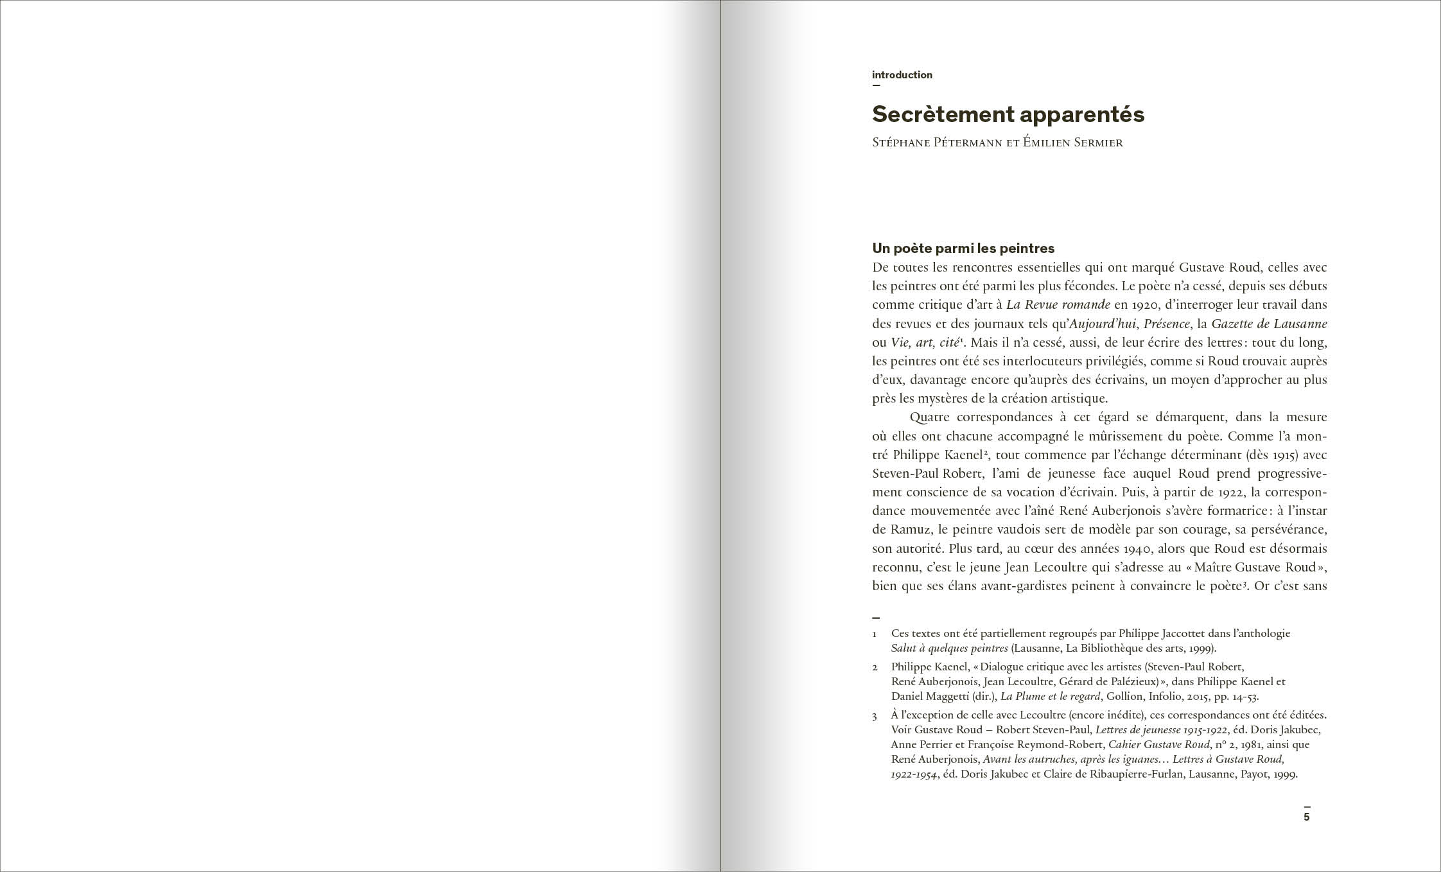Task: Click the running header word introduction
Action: pos(902,75)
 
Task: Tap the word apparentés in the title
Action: pos(1082,114)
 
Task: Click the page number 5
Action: pos(1306,817)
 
